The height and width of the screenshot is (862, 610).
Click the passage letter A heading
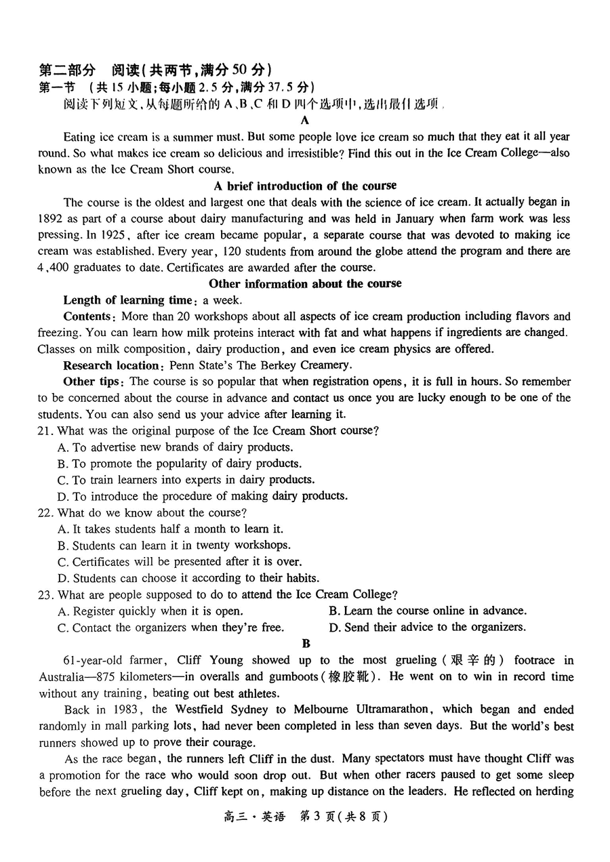point(304,120)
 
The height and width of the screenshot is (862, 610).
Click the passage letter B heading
point(306,643)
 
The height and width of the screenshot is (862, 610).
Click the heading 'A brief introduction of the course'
point(305,186)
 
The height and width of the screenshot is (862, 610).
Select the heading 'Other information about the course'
point(305,283)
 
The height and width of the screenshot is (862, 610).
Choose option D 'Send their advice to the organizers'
point(427,627)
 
